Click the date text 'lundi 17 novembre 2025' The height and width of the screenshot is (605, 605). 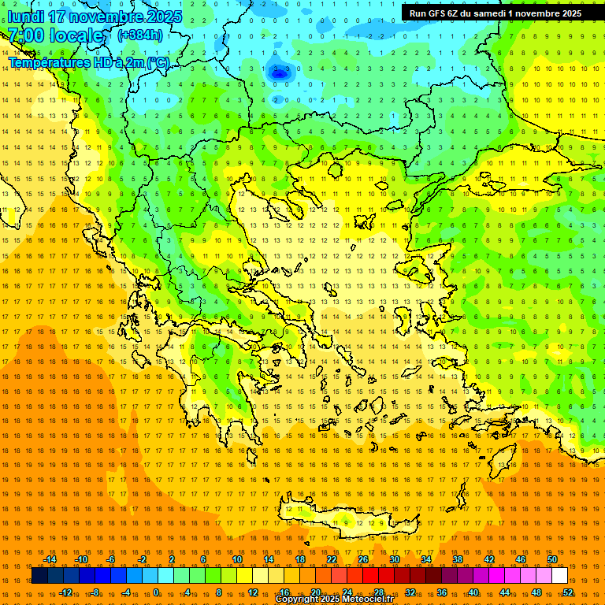click(x=95, y=17)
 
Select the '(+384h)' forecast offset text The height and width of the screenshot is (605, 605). click(x=140, y=35)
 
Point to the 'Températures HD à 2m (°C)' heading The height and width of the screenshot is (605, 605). click(x=89, y=62)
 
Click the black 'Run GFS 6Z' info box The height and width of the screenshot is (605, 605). click(x=495, y=13)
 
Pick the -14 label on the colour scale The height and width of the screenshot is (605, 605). click(x=50, y=559)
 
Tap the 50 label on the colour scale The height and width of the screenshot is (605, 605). click(x=552, y=559)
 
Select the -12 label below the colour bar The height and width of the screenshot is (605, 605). click(x=65, y=592)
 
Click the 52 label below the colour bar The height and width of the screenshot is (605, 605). click(x=568, y=592)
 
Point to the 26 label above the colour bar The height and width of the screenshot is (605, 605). click(x=363, y=559)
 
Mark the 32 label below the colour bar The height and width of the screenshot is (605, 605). click(x=410, y=592)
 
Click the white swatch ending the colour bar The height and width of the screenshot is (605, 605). click(x=559, y=576)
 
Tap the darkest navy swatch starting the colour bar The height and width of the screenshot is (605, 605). click(x=39, y=576)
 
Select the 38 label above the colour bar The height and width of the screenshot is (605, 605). click(x=458, y=559)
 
